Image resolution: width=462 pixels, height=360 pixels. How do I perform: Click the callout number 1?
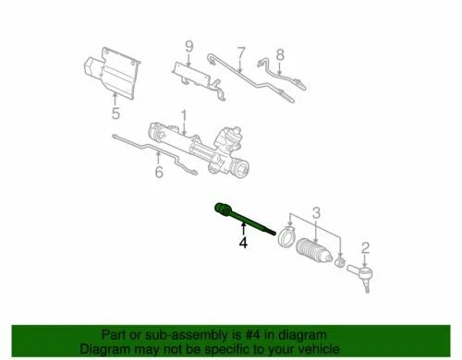pyautogui.click(x=183, y=115)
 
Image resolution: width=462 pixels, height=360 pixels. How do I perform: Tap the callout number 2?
pyautogui.click(x=365, y=246)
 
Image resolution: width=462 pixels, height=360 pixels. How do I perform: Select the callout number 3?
pyautogui.click(x=318, y=215)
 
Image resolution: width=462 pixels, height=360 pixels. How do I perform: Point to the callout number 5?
pyautogui.click(x=115, y=114)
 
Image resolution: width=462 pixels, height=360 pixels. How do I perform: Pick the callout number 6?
pyautogui.click(x=158, y=171)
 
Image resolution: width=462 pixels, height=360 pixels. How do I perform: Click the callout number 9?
pyautogui.click(x=188, y=46)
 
